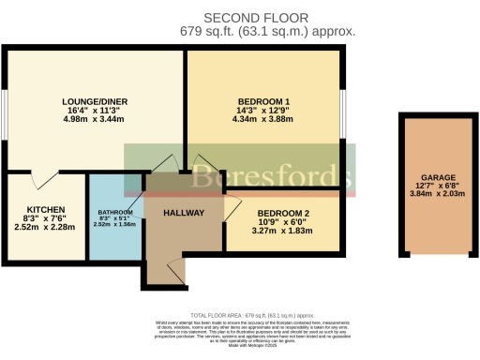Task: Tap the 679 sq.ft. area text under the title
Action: tap(267, 31)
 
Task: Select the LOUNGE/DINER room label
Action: tap(94, 102)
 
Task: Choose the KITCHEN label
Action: tap(44, 208)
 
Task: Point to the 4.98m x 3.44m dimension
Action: tap(95, 120)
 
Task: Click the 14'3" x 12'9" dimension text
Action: tap(263, 112)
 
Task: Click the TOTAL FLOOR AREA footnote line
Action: tap(240, 315)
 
